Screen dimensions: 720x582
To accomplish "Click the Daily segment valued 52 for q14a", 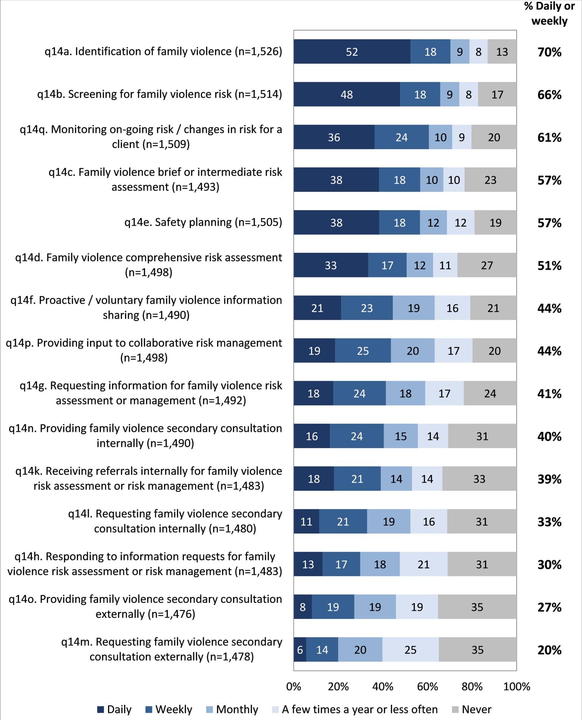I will click(352, 51).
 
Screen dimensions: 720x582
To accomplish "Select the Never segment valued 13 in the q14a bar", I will click(502, 51).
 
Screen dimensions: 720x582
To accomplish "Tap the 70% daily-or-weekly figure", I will click(549, 52).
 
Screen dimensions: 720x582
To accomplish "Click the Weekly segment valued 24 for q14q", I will click(401, 137).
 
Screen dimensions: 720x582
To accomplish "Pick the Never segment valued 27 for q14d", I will click(487, 265).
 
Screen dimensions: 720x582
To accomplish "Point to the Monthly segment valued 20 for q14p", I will click(413, 351).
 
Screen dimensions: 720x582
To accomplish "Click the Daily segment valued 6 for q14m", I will click(300, 650).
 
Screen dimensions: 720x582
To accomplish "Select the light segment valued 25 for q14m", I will click(410, 650).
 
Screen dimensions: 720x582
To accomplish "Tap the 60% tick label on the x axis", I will click(427, 686).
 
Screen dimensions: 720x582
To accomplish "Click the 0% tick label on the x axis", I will click(294, 686).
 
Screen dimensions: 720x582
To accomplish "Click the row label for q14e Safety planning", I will click(203, 222).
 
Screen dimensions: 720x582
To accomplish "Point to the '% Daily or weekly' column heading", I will click(549, 14).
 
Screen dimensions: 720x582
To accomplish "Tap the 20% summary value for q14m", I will click(549, 650).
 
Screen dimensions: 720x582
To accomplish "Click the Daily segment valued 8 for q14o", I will click(302, 607).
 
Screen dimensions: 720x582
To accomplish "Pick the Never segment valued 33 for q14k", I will click(479, 479).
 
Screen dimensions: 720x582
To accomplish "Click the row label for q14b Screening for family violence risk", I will click(160, 94).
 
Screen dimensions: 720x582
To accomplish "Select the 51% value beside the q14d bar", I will click(549, 265).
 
